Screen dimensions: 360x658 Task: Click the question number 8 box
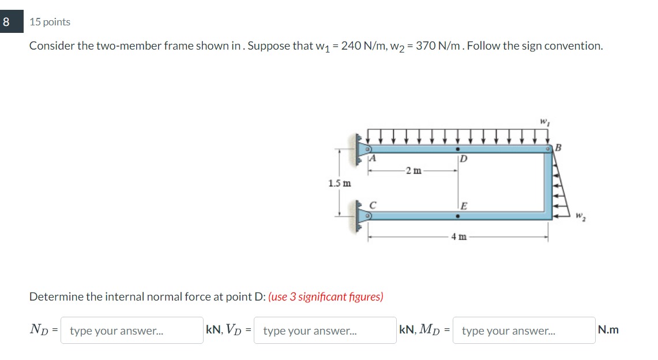pos(6,22)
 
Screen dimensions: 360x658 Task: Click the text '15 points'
pos(50,22)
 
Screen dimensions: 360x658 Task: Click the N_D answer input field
pos(131,331)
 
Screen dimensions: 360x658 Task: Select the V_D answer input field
pos(325,331)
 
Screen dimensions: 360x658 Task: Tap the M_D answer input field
pos(524,331)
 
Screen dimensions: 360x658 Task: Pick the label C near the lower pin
pos(373,204)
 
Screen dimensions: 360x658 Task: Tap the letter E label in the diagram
pos(464,205)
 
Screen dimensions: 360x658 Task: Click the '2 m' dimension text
pos(413,170)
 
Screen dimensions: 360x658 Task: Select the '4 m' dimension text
pos(459,237)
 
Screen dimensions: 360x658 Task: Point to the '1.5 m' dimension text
pos(339,183)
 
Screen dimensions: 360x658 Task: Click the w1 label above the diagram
pos(543,122)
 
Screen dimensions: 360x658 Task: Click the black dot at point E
pos(457,217)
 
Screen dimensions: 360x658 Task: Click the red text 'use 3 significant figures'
pos(326,297)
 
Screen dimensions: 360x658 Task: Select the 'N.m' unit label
pos(608,330)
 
